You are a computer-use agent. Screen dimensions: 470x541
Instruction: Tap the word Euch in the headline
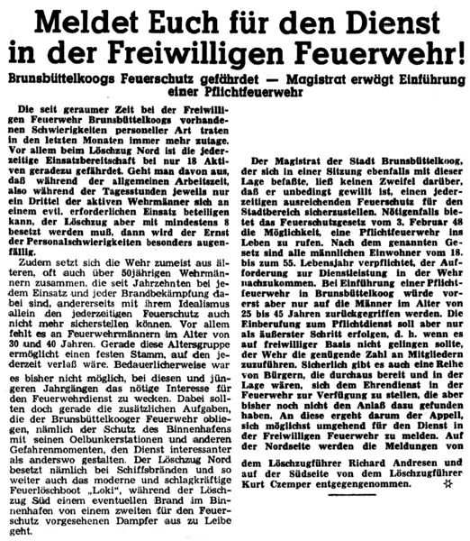[x=203, y=21]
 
